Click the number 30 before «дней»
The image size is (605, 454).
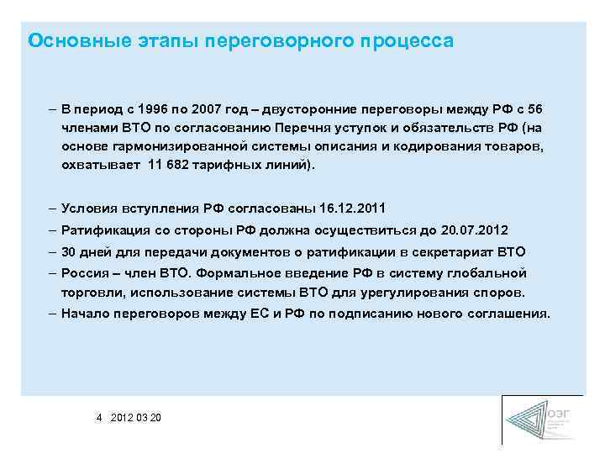click(x=68, y=251)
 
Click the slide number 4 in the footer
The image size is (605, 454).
click(x=99, y=417)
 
